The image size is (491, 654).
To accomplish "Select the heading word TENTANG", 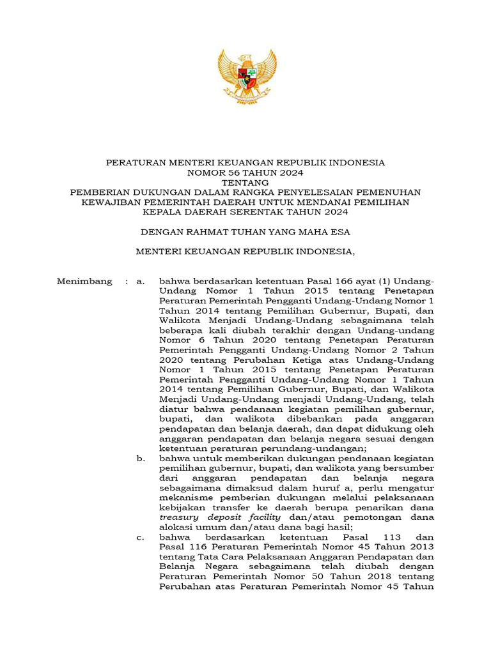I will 245,182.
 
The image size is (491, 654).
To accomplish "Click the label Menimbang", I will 84,281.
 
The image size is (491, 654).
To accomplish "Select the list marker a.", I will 141,281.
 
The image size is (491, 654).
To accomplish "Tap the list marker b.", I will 141,459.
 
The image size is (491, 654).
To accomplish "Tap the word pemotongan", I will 362,518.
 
